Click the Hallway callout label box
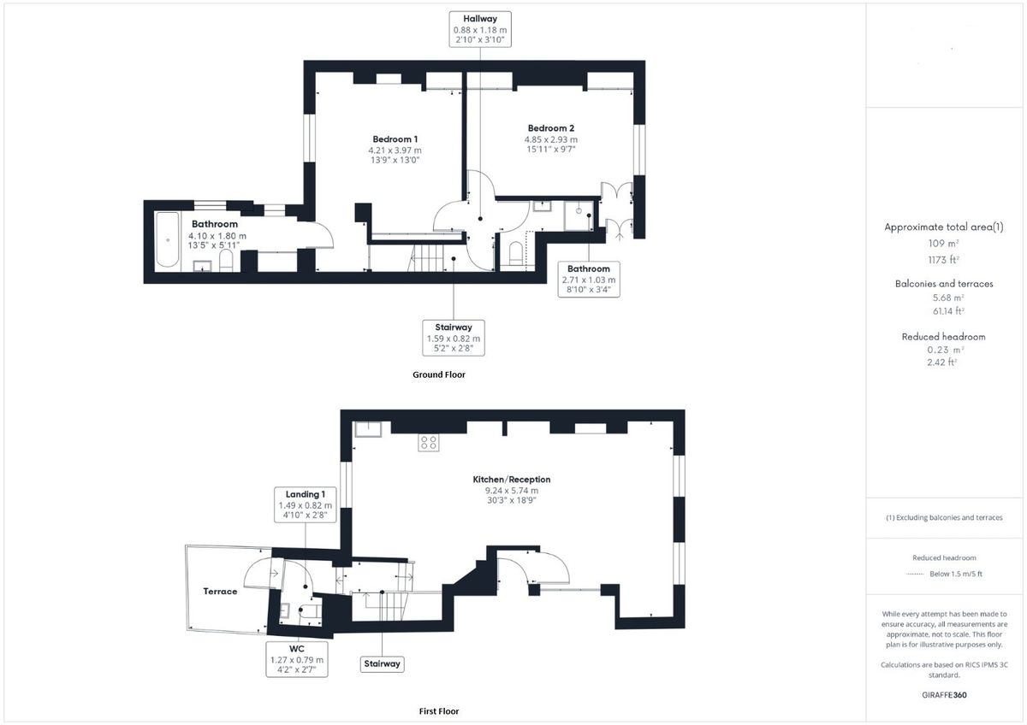pos(479,29)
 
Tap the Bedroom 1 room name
pos(395,139)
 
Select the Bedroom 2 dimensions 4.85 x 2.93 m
pos(550,140)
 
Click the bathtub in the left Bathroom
pos(167,241)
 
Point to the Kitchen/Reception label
pos(512,480)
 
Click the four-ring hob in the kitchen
pos(429,442)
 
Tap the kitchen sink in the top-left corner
pos(368,428)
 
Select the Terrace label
pos(220,592)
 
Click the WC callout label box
pos(296,659)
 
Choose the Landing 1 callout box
pos(305,504)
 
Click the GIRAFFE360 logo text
pos(946,695)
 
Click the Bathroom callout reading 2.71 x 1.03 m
pos(590,280)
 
